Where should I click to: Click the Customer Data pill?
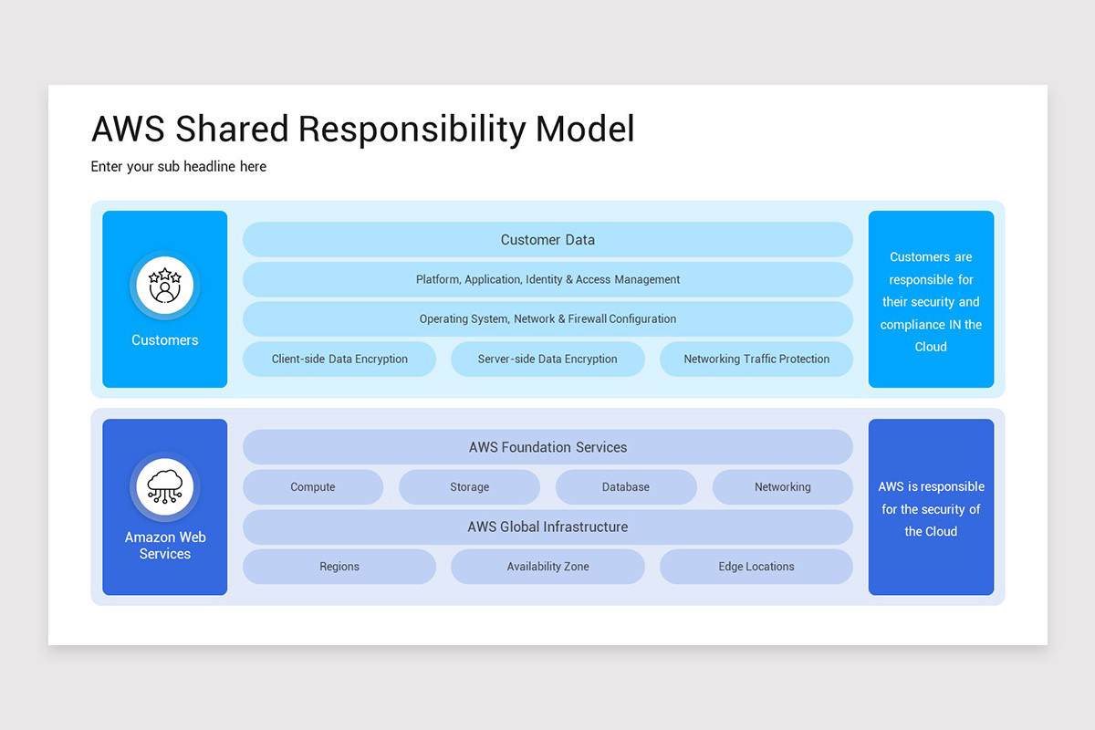(547, 240)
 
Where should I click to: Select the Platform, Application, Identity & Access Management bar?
(547, 279)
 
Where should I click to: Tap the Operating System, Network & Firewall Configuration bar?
(547, 319)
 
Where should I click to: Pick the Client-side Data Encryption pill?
(339, 360)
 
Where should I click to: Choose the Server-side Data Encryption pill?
(547, 360)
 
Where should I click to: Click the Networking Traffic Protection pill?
(756, 360)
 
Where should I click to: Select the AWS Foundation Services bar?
(547, 447)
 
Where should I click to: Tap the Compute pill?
(313, 487)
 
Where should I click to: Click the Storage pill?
(469, 487)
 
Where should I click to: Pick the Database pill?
(626, 487)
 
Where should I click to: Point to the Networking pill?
(782, 487)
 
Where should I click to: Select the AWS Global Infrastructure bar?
(547, 527)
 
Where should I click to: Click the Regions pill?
(339, 567)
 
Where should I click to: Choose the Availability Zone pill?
(547, 567)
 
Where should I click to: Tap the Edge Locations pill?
(756, 567)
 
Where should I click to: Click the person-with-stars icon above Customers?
(165, 285)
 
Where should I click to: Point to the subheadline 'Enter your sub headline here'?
(179, 166)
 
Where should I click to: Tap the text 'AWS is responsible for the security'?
(931, 498)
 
